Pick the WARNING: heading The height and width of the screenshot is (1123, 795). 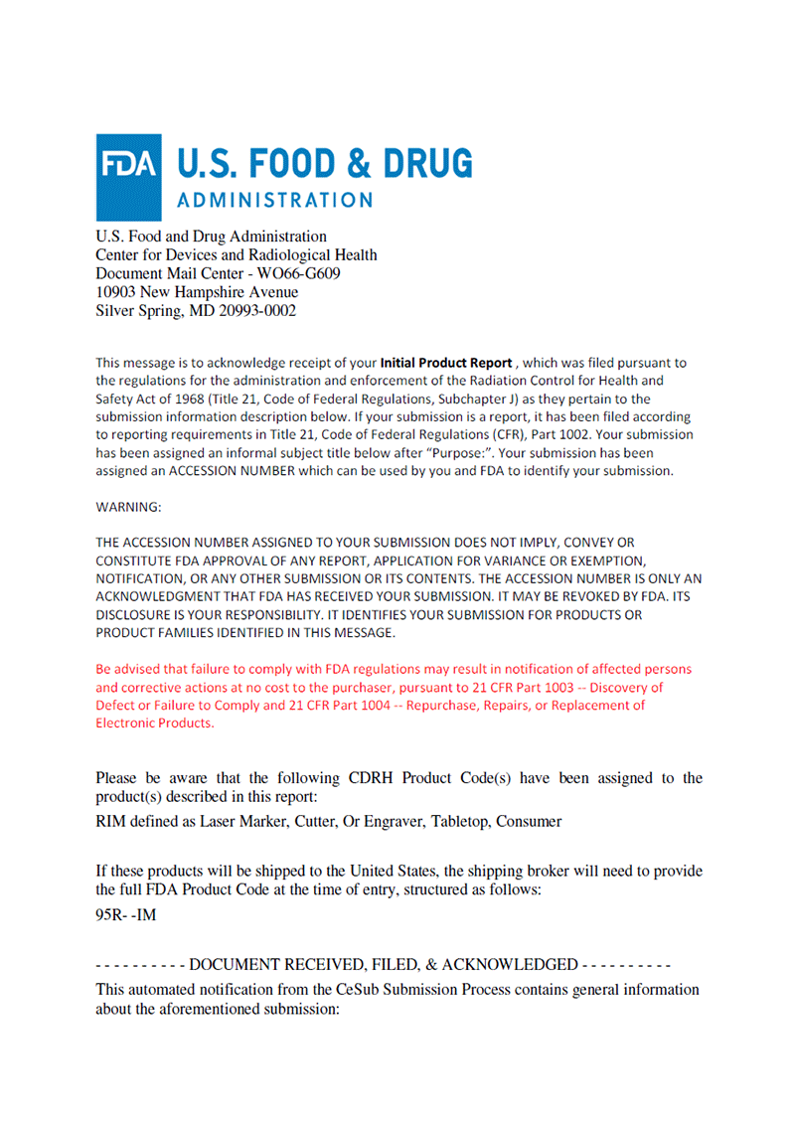coord(128,507)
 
